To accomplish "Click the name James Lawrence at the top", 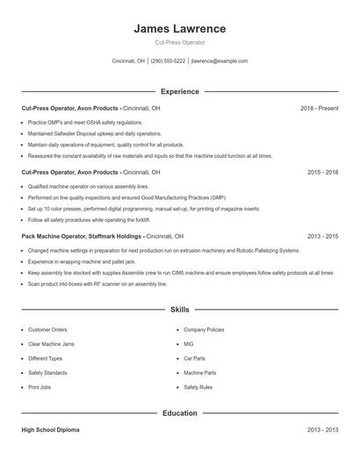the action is pos(179,28).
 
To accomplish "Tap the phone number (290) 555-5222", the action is pos(168,61).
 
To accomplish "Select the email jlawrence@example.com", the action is pos(219,61).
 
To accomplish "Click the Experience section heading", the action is pos(179,91).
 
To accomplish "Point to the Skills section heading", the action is pos(179,310).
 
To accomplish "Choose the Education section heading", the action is pos(179,412).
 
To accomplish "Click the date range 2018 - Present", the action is pos(319,108).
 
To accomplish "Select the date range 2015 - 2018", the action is pos(322,173).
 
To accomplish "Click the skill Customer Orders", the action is pos(47,330).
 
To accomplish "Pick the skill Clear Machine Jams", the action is pos(52,344).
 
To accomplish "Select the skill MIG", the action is pos(188,344).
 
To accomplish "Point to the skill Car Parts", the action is pos(194,358).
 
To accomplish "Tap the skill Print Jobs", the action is pos(40,387).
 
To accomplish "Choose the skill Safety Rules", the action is pos(198,387).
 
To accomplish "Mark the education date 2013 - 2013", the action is pos(322,430).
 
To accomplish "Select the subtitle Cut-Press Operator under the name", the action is pos(179,42).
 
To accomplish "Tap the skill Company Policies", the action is pos(203,330).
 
